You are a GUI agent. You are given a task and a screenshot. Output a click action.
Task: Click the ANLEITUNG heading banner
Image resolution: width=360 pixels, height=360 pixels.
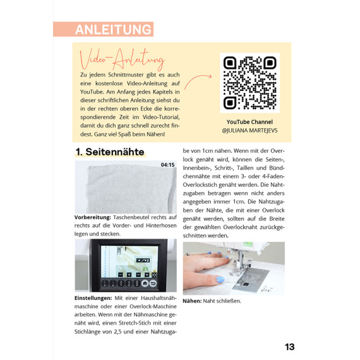click(104, 29)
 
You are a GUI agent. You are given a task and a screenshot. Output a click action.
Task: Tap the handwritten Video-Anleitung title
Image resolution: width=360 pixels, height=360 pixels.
click(122, 59)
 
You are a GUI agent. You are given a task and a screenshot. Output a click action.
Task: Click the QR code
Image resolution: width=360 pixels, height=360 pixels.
click(250, 83)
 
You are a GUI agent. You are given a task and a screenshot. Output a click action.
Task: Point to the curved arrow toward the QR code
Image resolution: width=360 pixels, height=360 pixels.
click(198, 81)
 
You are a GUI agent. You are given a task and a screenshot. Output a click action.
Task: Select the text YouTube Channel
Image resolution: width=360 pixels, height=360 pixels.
click(249, 122)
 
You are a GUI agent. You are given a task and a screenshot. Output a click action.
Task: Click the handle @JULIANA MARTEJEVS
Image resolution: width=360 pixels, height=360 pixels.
click(249, 130)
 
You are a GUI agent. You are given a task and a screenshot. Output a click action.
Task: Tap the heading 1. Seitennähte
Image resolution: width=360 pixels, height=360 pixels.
click(110, 152)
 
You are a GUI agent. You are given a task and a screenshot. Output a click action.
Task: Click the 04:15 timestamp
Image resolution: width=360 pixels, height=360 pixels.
click(167, 165)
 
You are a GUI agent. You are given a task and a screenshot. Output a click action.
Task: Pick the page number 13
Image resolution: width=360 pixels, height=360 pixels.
click(289, 347)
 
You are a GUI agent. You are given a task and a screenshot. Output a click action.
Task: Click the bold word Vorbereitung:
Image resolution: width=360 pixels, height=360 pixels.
click(92, 217)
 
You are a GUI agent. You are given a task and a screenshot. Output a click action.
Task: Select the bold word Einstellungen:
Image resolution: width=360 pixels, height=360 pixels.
click(93, 298)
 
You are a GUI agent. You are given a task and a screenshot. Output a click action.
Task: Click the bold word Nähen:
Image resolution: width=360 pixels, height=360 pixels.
click(192, 301)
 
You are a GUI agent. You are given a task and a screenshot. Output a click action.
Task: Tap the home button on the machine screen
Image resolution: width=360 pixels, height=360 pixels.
click(145, 284)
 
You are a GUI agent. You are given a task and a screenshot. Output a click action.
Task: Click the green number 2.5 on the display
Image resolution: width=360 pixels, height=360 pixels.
click(145, 269)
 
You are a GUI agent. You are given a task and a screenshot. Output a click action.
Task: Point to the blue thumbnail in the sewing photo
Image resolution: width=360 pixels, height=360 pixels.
click(220, 279)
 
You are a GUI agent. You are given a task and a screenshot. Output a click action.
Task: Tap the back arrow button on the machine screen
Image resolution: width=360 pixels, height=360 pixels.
click(153, 284)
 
